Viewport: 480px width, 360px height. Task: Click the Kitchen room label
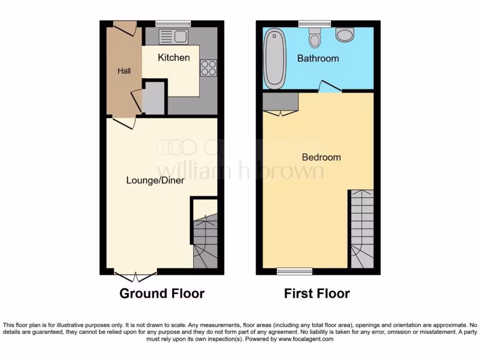click(173, 58)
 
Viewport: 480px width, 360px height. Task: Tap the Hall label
click(124, 71)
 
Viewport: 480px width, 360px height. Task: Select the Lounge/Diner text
click(155, 180)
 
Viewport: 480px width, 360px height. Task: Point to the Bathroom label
click(318, 59)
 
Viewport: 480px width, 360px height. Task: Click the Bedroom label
click(321, 157)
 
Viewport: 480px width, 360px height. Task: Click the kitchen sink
click(173, 36)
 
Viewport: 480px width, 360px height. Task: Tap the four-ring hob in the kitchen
click(209, 68)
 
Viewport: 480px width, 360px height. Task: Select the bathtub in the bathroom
click(274, 59)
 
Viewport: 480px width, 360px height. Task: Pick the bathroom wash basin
click(345, 34)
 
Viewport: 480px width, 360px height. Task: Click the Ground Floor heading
click(162, 294)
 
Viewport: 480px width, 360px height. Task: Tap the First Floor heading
click(317, 294)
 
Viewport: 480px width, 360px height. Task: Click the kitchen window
click(173, 23)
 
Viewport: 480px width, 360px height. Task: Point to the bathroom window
click(315, 23)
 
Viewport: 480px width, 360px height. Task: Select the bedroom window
click(294, 271)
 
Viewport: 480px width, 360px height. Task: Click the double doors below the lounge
click(135, 276)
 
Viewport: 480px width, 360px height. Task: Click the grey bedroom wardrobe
click(280, 101)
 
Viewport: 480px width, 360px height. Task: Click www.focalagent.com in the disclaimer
click(306, 339)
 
